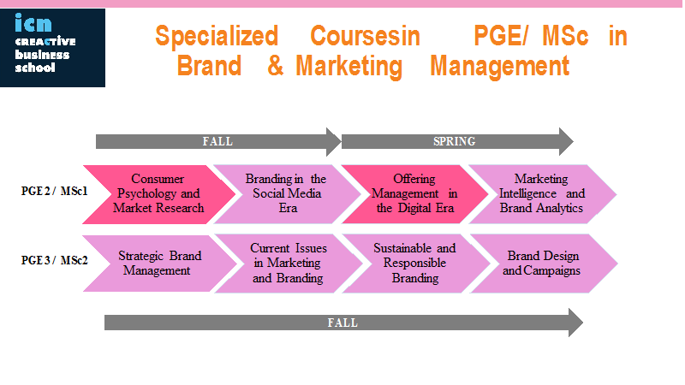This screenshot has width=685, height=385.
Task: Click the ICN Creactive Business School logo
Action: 52,48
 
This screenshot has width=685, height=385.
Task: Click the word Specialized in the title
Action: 217,36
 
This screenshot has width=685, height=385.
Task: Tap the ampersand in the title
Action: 275,66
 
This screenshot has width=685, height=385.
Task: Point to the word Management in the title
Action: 499,66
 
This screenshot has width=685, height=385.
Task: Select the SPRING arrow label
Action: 455,141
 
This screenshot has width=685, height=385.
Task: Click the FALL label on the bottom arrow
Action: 343,323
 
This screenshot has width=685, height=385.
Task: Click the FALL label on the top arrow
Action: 217,141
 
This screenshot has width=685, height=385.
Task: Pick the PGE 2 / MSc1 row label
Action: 55,191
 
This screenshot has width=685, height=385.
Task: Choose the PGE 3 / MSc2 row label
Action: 55,261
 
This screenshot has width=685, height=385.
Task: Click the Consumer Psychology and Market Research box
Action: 159,194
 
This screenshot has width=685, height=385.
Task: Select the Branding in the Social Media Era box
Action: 288,194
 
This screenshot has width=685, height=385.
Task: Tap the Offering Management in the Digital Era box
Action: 415,194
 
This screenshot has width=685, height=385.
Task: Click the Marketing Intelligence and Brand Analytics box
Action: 543,194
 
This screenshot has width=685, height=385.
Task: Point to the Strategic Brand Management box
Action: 160,264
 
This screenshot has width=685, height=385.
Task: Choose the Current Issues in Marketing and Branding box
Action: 289,264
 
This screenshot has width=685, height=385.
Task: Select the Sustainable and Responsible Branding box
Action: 416,264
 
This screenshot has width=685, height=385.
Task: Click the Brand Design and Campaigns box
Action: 544,264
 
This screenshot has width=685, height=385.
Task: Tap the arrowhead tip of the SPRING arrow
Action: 573,141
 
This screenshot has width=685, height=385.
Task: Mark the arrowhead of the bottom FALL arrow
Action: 575,323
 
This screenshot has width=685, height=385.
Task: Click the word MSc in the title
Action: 565,36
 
